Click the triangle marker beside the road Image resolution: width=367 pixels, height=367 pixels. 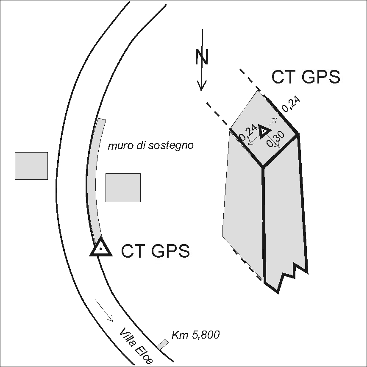point(101,248)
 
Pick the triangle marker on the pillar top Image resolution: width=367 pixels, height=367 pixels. point(264,131)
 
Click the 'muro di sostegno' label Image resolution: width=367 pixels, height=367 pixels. point(150,146)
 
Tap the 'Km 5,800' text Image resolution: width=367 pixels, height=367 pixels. point(196,335)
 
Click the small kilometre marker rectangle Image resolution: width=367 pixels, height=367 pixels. point(162,344)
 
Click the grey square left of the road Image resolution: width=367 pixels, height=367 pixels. point(31,166)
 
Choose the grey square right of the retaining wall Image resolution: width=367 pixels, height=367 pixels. point(123,187)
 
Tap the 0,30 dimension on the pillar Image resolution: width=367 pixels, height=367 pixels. point(275,140)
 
